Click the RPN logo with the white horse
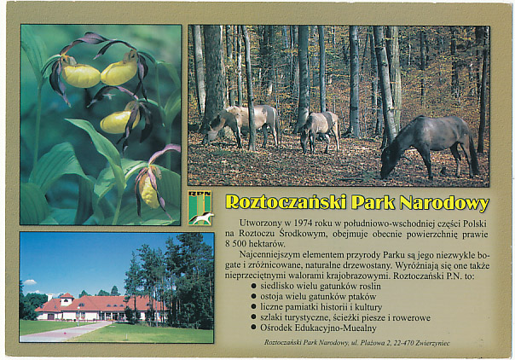[x=200, y=208]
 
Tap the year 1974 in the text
[x=304, y=223]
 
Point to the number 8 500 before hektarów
[x=235, y=244]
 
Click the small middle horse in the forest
[x=320, y=131]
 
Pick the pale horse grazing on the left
[x=241, y=125]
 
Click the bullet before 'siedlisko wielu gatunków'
[x=253, y=286]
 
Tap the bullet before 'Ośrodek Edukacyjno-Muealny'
[x=253, y=327]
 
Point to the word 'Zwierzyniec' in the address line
[x=432, y=343]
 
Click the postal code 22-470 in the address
[x=403, y=343]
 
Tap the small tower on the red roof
[x=67, y=299]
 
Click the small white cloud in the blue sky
[x=30, y=282]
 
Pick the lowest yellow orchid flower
[x=149, y=193]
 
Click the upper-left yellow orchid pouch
[x=81, y=76]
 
